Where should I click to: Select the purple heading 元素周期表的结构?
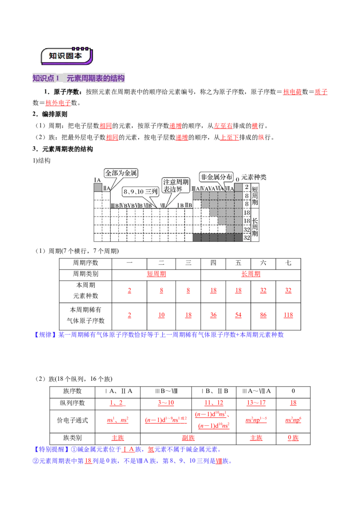point(95,78)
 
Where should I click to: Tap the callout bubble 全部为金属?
point(121,173)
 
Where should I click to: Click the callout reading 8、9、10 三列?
point(140,191)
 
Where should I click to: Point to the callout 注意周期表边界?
point(173,185)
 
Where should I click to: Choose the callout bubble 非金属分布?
point(216,177)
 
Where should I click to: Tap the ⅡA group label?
point(106,188)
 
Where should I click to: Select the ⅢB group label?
point(114,205)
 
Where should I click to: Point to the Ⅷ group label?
point(163,205)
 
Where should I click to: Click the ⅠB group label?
point(180,205)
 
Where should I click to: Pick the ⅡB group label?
point(188,205)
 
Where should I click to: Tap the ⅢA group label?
point(196,189)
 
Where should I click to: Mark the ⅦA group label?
point(229,189)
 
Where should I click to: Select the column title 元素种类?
point(254,177)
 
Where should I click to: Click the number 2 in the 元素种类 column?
point(246,188)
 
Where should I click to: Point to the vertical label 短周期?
point(255,195)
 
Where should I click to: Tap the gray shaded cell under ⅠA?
point(98,188)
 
